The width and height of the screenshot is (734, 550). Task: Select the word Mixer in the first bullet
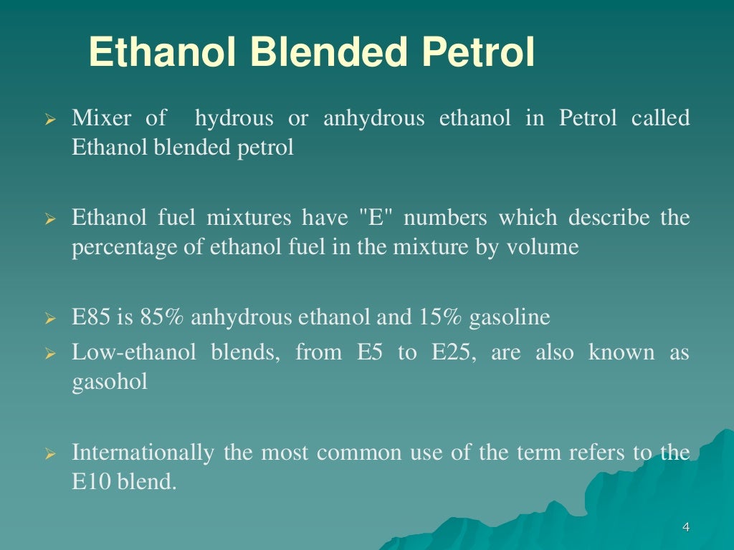coord(99,118)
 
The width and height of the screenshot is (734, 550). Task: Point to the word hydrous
coord(234,118)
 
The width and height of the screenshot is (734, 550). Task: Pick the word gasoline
coord(509,317)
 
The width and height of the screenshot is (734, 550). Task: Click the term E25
coord(449,352)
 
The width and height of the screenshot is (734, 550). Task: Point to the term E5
coord(371,352)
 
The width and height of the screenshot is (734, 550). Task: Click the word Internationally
coord(143,453)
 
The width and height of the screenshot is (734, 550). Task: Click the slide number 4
coord(686,528)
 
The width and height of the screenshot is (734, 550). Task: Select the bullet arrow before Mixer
coord(50,120)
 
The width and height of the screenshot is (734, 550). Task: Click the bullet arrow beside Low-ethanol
coord(50,354)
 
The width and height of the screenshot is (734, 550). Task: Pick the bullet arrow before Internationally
coord(50,454)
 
